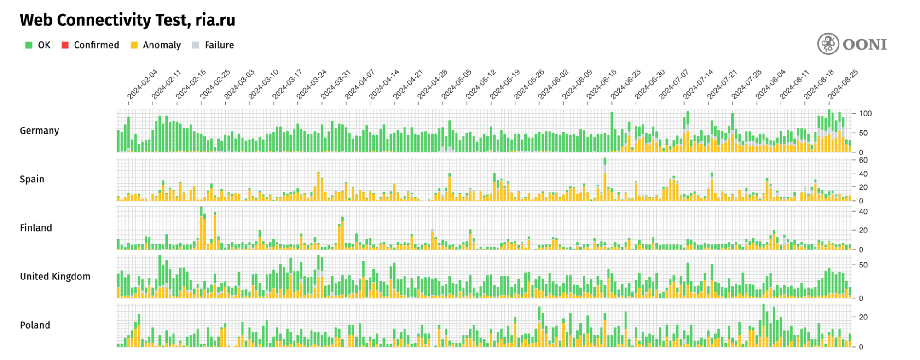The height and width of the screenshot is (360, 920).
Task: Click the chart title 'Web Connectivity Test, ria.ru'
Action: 127,20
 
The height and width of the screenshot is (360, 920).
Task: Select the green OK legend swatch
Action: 29,45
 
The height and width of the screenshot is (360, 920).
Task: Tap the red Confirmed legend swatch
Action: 65,45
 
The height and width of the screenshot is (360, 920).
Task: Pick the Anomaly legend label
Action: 162,45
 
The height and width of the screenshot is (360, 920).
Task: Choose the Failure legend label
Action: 219,45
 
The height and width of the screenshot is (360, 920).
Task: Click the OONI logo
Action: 852,44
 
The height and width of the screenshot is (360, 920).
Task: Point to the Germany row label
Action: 40,131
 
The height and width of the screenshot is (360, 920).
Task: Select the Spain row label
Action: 32,179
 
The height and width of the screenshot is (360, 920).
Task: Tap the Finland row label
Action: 36,228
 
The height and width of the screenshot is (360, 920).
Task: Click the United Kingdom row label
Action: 55,277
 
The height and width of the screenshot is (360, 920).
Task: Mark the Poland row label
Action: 35,325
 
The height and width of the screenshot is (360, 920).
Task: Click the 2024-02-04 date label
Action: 142,84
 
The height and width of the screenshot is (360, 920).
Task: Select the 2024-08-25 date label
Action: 843,84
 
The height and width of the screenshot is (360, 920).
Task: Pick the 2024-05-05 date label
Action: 457,84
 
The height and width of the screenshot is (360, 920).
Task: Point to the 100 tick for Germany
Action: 865,114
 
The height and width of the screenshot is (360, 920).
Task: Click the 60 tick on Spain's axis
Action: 863,160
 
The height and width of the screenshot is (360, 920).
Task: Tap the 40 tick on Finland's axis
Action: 863,212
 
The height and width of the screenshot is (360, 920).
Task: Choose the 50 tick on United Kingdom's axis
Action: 863,265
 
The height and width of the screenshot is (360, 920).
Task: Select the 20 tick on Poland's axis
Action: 863,317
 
